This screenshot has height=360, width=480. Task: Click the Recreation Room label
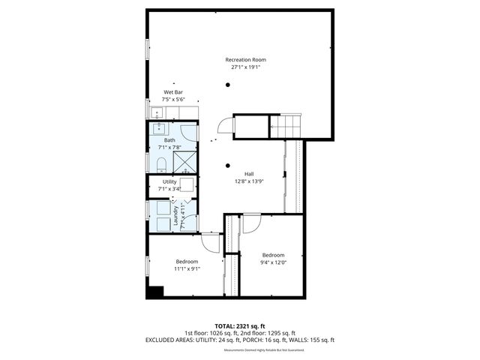click(246, 59)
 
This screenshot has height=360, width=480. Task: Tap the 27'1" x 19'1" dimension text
click(246, 67)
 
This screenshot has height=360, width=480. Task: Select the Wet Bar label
click(173, 92)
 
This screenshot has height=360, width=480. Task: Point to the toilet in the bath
click(161, 163)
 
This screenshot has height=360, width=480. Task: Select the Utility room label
click(169, 182)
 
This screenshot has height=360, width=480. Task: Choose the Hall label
click(248, 173)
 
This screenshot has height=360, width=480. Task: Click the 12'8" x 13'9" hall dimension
click(248, 181)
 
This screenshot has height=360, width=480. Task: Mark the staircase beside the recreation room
click(285, 127)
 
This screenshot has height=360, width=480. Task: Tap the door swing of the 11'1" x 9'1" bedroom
click(211, 242)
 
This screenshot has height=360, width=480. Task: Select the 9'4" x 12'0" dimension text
click(273, 262)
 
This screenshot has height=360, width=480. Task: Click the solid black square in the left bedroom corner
click(155, 292)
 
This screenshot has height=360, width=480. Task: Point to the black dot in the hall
click(227, 165)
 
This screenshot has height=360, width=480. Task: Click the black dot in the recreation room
click(227, 85)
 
